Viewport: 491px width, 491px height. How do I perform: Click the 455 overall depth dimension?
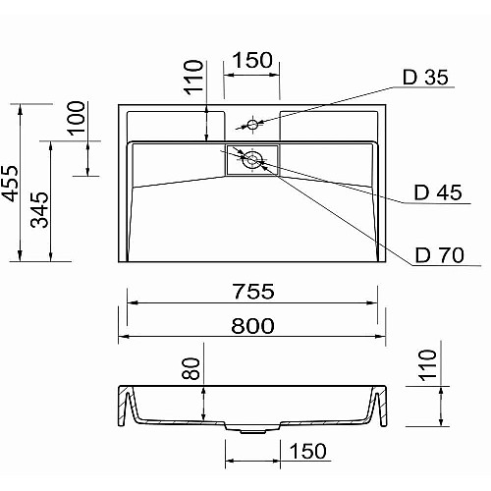coord(9,184)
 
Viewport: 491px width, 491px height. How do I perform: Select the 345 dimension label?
coord(39,210)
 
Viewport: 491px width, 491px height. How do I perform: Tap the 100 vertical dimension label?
coord(76,118)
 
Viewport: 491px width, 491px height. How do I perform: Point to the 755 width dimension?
coord(253,292)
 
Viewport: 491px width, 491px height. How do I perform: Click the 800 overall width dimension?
coord(252,326)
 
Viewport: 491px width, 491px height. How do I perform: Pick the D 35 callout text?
coord(425,78)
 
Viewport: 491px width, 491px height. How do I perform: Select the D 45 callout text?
coord(438,192)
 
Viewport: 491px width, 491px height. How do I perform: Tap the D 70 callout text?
coord(440,255)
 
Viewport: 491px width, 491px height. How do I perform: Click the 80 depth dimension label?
coord(191,368)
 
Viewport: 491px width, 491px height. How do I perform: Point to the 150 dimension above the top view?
coord(252,60)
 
